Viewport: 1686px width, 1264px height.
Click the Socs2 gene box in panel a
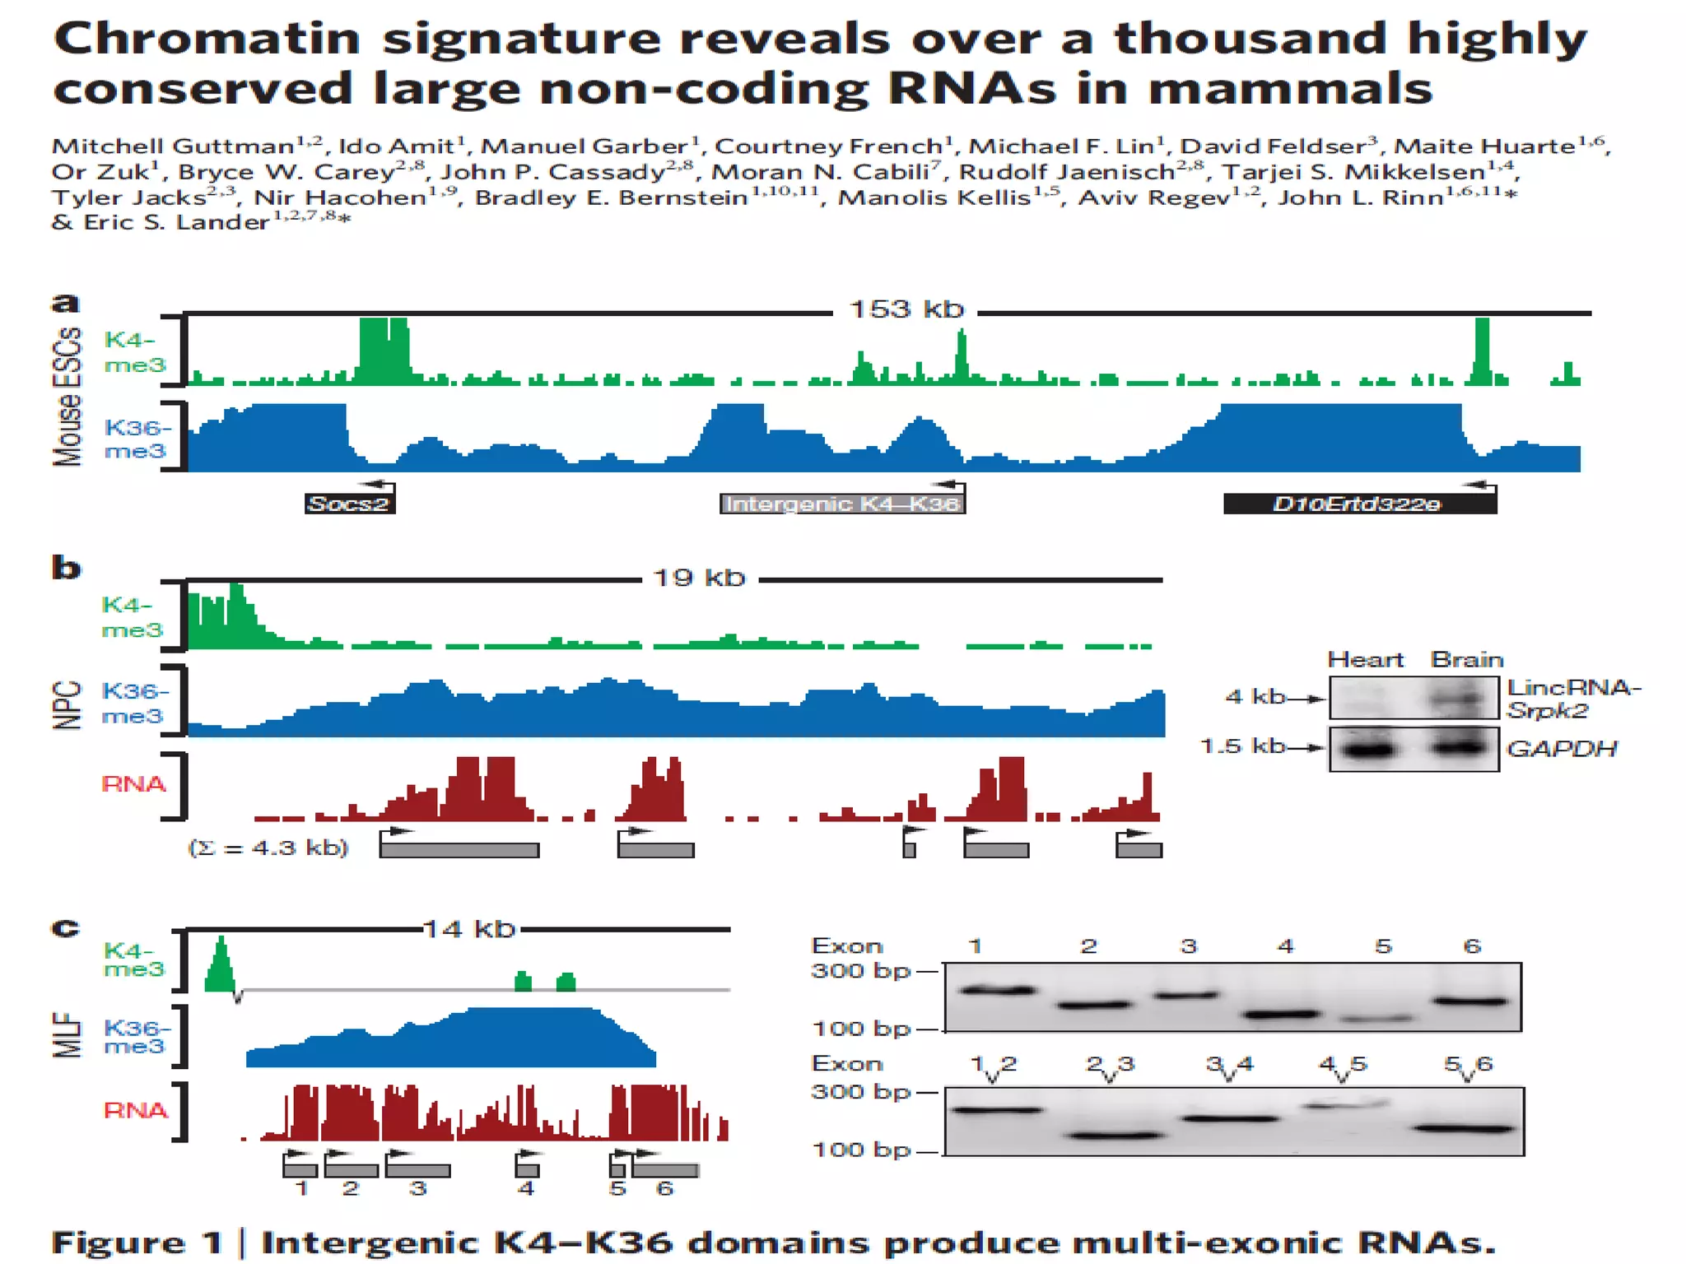[x=349, y=504]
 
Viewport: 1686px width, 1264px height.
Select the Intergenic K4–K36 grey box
[x=841, y=504]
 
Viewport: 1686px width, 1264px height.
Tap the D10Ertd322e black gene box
[x=1358, y=504]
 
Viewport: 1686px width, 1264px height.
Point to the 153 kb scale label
[x=906, y=309]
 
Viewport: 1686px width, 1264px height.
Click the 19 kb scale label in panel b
[x=699, y=578]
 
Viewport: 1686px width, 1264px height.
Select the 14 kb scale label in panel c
[x=469, y=929]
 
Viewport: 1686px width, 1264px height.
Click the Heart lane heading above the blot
[x=1365, y=660]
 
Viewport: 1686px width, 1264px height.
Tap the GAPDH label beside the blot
[x=1561, y=748]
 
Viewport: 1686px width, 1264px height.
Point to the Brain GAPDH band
[x=1460, y=747]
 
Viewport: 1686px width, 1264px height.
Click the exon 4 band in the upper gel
[x=1281, y=1015]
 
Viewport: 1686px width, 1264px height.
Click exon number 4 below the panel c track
[x=525, y=1188]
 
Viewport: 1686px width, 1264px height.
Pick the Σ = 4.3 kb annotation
[x=268, y=848]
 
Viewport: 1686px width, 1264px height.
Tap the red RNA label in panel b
[x=133, y=783]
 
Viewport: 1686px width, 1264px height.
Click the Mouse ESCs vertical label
[x=68, y=397]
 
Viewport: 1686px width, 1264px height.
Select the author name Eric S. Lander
[x=176, y=222]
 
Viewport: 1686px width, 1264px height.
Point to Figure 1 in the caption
[x=137, y=1243]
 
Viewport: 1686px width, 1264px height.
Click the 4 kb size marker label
[x=1255, y=696]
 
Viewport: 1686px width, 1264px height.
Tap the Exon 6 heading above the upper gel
[x=1472, y=946]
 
